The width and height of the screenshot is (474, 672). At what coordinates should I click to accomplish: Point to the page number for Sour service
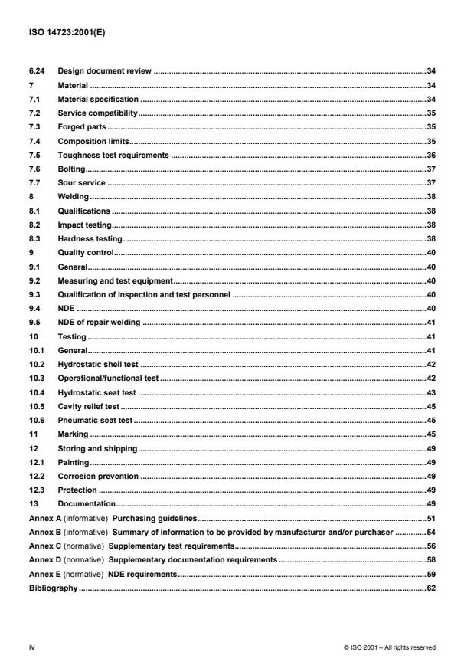coord(431,182)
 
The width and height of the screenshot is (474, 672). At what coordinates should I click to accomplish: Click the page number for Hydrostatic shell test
coord(431,364)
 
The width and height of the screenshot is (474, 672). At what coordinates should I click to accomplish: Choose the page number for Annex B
coord(431,532)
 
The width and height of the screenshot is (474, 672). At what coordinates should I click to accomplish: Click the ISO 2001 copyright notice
coord(390,647)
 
